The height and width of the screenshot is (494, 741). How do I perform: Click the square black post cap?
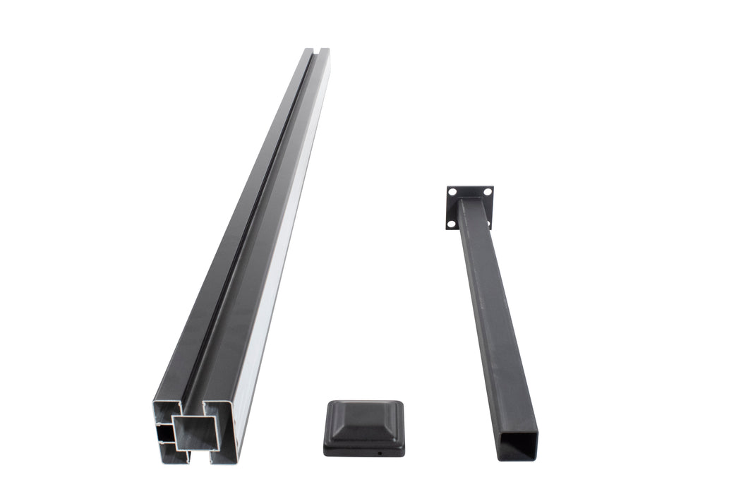pos(364,427)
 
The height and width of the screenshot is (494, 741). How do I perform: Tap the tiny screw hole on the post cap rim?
pos(379,453)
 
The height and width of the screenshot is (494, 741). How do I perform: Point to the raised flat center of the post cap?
pos(364,416)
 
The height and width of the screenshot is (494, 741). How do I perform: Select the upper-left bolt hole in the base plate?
pos(452,192)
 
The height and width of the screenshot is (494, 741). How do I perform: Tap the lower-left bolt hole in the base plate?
pos(452,224)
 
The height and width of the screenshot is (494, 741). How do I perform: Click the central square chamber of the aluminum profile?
pos(196,432)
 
